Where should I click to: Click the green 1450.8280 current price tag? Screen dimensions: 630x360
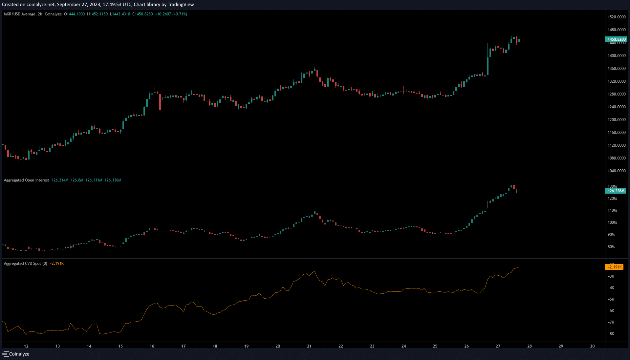pyautogui.click(x=616, y=39)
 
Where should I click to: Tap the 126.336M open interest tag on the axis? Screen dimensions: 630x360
pyautogui.click(x=616, y=191)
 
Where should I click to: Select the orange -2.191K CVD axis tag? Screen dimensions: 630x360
pyautogui.click(x=614, y=267)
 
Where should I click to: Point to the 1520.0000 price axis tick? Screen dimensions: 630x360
pyautogui.click(x=617, y=17)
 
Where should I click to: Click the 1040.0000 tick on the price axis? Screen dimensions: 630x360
pyautogui.click(x=617, y=171)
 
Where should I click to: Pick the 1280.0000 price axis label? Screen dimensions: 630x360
pyautogui.click(x=617, y=94)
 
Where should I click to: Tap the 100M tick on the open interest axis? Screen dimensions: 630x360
pyautogui.click(x=612, y=222)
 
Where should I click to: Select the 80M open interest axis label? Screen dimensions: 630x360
pyautogui.click(x=611, y=247)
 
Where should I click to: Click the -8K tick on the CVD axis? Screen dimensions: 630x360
pyautogui.click(x=611, y=334)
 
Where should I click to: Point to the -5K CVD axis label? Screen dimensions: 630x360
pyautogui.click(x=611, y=299)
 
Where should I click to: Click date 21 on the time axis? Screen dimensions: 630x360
pyautogui.click(x=309, y=346)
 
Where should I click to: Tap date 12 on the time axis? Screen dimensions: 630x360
pyautogui.click(x=26, y=346)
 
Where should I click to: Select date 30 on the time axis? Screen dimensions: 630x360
pyautogui.click(x=592, y=346)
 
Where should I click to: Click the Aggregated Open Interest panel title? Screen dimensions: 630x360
pyautogui.click(x=26, y=180)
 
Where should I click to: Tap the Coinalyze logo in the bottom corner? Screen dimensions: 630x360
pyautogui.click(x=16, y=354)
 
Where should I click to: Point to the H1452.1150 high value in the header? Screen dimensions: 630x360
pyautogui.click(x=98, y=14)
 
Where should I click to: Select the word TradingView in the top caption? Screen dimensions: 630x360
pyautogui.click(x=181, y=5)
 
